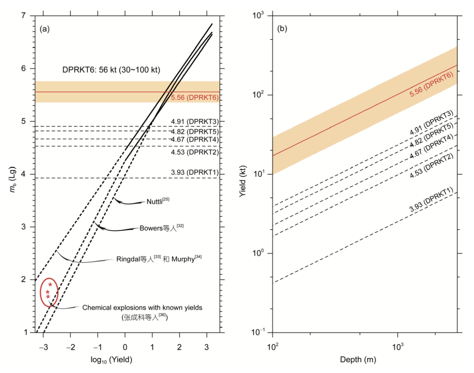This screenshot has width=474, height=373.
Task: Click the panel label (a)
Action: tap(45, 29)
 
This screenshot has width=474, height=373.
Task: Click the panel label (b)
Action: tap(282, 29)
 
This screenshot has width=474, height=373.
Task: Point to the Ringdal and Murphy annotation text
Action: tap(159, 259)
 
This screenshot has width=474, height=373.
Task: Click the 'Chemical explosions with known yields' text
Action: tap(142, 308)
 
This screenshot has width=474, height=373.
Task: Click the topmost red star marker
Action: tap(50, 284)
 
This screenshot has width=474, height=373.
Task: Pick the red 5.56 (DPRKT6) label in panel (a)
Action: tap(194, 97)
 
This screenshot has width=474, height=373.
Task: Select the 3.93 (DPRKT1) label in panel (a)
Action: tap(194, 172)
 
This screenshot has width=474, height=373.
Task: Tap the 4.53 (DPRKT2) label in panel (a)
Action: tap(194, 152)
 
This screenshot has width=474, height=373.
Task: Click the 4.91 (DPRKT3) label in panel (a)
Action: tap(194, 122)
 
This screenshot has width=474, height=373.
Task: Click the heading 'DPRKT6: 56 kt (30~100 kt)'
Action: tap(111, 70)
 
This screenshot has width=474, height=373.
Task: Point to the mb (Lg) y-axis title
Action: tap(13, 179)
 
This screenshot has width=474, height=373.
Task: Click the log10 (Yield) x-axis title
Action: tap(111, 360)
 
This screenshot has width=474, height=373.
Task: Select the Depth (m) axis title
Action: tap(358, 360)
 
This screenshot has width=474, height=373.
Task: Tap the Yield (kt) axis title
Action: tap(243, 181)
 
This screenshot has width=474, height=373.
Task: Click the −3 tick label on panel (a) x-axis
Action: tap(43, 347)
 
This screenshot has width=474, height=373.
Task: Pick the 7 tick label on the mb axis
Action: tap(24, 15)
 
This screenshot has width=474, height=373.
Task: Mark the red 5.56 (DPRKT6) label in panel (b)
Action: tap(431, 84)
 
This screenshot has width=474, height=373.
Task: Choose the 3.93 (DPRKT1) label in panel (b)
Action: tap(431, 200)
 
